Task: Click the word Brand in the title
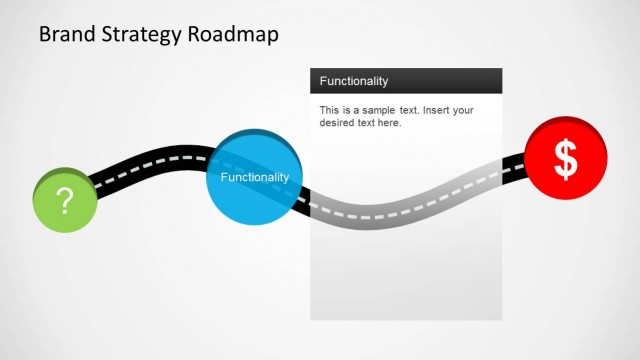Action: click(x=68, y=34)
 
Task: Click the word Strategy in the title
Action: click(x=142, y=35)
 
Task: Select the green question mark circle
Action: click(x=65, y=200)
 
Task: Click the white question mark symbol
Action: click(x=65, y=201)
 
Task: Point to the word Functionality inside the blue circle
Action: click(x=254, y=177)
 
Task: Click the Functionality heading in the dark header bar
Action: click(x=354, y=81)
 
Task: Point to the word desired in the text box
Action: click(x=338, y=123)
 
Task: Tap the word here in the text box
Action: click(x=387, y=123)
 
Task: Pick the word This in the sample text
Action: click(x=330, y=110)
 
